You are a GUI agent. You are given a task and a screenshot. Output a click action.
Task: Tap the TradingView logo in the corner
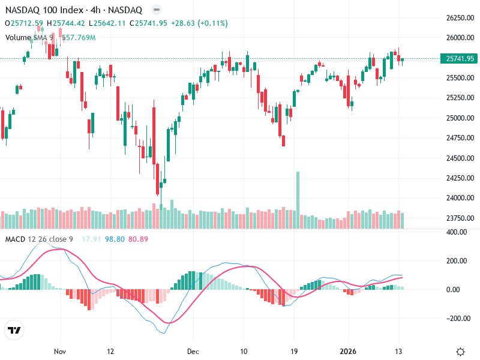coord(14,330)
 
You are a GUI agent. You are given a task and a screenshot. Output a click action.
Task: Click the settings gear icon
coord(461,351)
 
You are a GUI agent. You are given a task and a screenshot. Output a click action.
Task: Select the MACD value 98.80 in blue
coord(114,239)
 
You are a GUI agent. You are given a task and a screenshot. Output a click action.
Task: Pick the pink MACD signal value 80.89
coord(138,239)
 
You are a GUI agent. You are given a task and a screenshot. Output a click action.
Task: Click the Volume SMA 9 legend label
coord(29,38)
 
